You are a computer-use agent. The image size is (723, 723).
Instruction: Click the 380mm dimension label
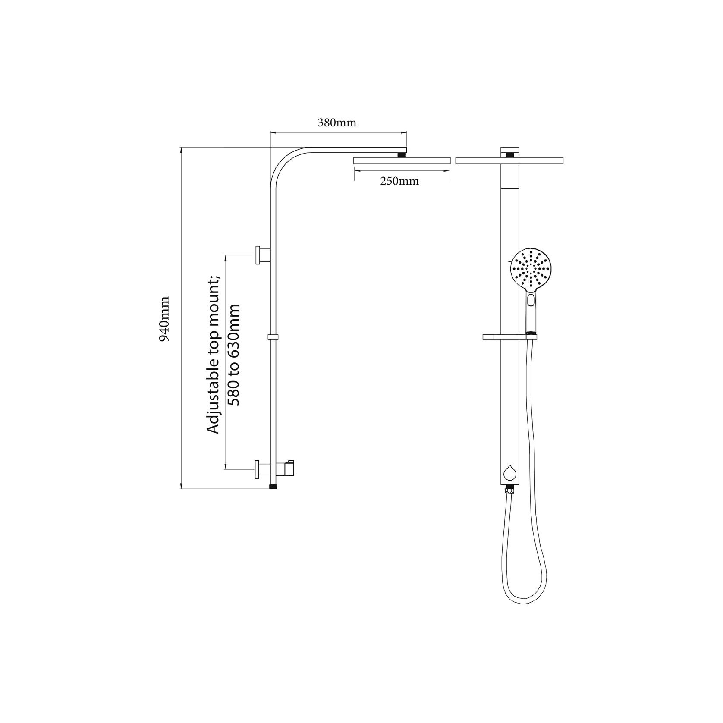click(337, 123)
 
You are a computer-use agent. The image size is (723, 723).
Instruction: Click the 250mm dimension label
click(399, 181)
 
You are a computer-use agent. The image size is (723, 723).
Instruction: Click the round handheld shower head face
click(531, 268)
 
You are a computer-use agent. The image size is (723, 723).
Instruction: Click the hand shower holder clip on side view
click(288, 467)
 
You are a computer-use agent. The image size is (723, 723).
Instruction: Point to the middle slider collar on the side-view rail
click(273, 336)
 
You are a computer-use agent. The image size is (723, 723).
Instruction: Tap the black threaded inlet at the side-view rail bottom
click(273, 487)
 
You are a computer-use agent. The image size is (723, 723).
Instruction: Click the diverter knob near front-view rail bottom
click(510, 473)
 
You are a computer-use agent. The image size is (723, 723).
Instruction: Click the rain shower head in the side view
click(402, 160)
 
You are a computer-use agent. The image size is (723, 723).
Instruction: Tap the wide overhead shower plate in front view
click(509, 160)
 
